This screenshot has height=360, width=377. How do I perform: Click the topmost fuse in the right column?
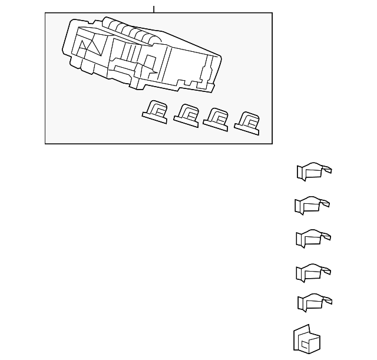point(313,171)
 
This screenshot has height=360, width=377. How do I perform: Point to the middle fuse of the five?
point(312,238)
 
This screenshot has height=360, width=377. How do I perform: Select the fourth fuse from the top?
point(312,272)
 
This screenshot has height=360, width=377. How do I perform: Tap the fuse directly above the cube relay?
point(314,303)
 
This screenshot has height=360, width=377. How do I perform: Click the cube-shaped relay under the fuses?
point(306,340)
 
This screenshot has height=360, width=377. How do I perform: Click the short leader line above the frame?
point(154,9)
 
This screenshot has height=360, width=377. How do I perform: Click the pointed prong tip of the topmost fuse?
point(329,171)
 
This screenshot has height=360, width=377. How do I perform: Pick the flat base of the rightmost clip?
point(246,127)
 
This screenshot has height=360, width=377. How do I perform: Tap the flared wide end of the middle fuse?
point(300,239)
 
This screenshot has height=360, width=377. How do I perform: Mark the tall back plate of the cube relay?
point(298,338)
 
